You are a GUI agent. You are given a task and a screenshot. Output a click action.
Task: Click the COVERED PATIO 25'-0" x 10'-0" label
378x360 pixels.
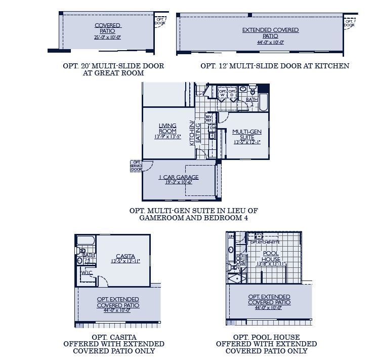(x=107, y=31)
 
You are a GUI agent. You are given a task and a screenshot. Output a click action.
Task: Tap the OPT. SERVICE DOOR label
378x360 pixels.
(x=136, y=166)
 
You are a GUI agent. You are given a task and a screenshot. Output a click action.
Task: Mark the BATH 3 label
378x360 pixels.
(x=251, y=101)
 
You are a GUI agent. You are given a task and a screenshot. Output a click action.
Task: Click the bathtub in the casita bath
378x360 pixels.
(x=86, y=242)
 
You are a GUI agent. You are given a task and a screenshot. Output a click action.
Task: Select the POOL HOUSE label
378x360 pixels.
(x=271, y=256)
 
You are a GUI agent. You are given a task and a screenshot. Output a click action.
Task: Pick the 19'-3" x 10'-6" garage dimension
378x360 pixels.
(x=179, y=182)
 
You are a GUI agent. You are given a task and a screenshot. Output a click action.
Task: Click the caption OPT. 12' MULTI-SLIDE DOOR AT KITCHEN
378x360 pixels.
(x=275, y=66)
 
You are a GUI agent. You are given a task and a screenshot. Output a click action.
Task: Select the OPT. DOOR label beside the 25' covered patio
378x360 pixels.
(x=160, y=21)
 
